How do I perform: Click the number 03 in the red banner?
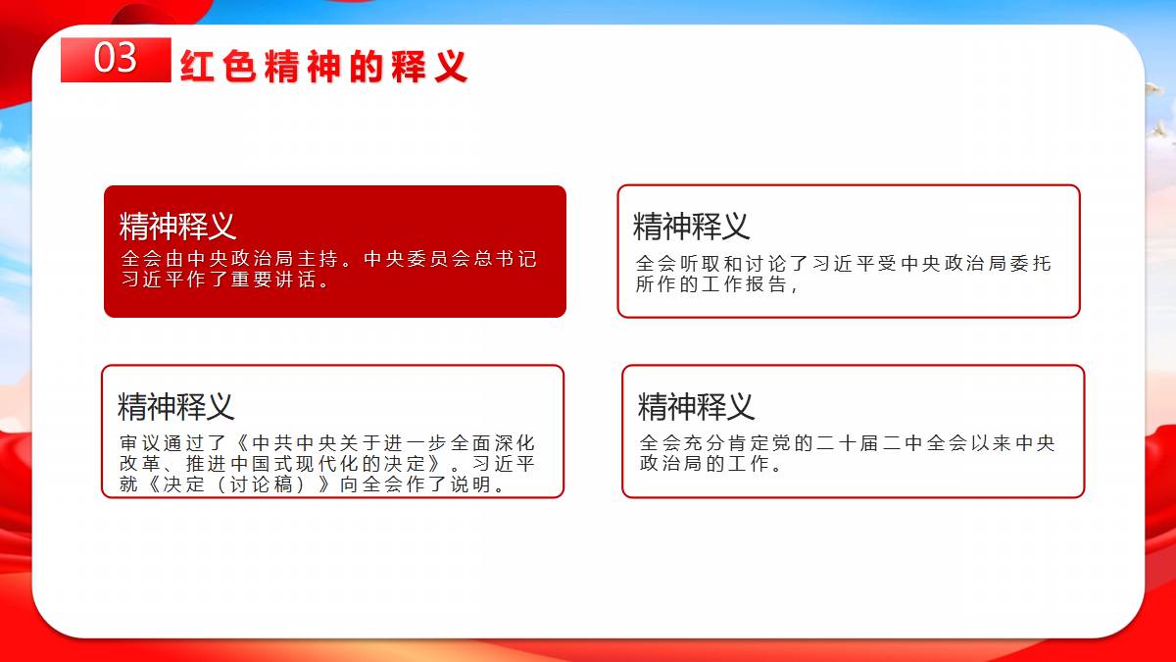point(116,57)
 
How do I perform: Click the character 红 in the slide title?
point(197,67)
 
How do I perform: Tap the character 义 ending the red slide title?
point(451,67)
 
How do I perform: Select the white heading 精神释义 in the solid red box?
point(177,226)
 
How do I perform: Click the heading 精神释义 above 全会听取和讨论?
point(691,227)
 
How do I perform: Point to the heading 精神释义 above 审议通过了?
point(175,407)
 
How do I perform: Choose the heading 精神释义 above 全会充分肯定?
point(696,407)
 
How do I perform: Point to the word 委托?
point(1031,263)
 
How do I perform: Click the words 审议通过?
point(163,443)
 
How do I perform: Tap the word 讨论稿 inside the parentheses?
point(262,484)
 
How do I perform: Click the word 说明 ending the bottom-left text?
point(471,484)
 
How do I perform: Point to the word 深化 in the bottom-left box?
point(515,443)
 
